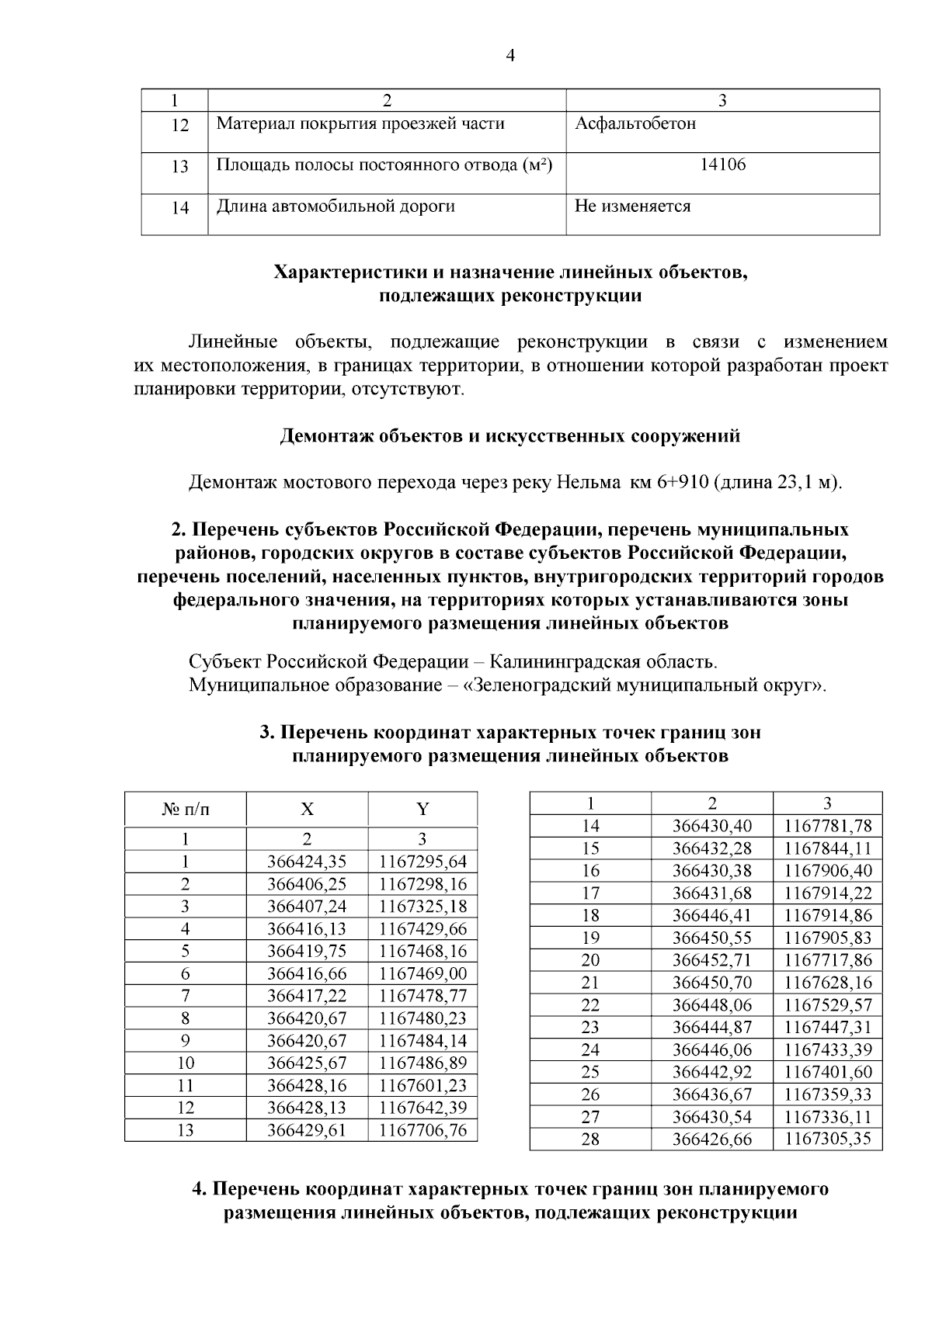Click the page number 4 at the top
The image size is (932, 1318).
[510, 55]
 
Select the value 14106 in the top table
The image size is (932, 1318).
[722, 165]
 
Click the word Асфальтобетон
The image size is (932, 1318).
[635, 123]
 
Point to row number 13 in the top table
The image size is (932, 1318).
[179, 166]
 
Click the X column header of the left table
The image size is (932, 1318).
[307, 810]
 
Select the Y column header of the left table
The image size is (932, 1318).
[422, 810]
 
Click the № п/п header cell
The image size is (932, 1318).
[185, 810]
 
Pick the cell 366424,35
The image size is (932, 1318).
[307, 862]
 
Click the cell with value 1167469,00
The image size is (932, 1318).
[423, 973]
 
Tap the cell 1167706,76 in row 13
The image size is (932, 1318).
[423, 1130]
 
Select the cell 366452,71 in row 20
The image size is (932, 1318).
[711, 960]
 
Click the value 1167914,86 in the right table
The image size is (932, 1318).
[828, 915]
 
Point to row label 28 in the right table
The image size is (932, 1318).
[590, 1139]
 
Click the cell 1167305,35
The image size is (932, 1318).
[828, 1139]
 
